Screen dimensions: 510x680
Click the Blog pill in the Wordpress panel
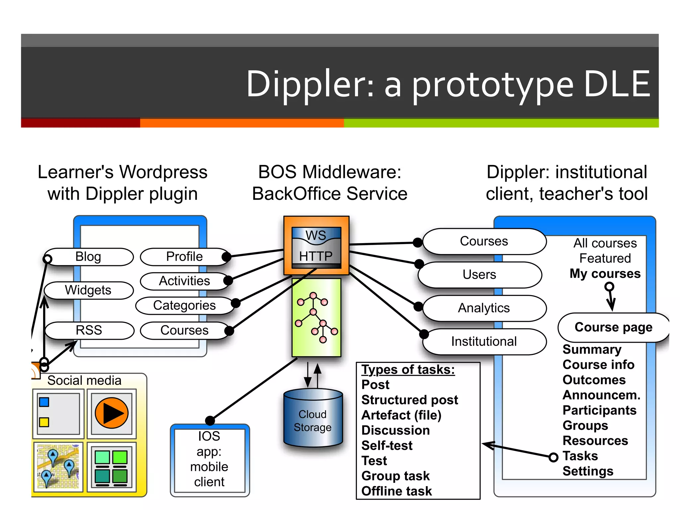(x=88, y=257)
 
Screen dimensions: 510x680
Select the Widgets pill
(x=88, y=290)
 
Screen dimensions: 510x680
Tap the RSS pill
(x=89, y=330)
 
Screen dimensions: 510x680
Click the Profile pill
(x=184, y=257)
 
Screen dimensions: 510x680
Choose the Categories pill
(x=184, y=305)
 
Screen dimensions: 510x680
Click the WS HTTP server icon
(x=316, y=246)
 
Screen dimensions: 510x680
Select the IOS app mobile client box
(x=210, y=460)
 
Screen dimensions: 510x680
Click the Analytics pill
(x=484, y=308)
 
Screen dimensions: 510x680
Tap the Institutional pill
(x=484, y=342)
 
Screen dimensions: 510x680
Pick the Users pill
(x=479, y=275)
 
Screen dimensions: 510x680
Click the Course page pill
(x=613, y=327)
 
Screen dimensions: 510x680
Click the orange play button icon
(x=112, y=413)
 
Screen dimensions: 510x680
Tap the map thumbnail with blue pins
(x=58, y=467)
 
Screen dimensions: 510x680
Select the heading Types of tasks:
(x=408, y=370)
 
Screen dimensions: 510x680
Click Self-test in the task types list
(x=387, y=446)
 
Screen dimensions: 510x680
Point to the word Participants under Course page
(x=599, y=410)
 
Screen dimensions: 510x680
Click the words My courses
(x=605, y=274)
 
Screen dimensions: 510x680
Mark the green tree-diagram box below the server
(x=316, y=317)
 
